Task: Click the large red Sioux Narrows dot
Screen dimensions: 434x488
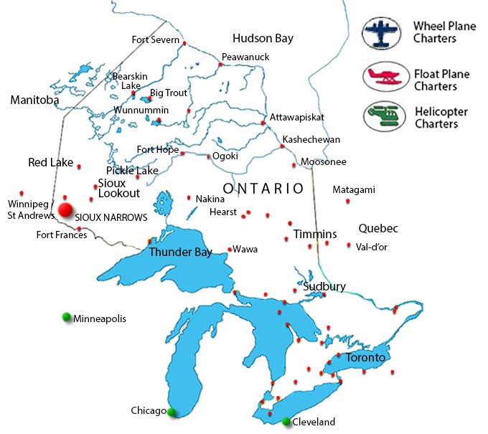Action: click(x=66, y=209)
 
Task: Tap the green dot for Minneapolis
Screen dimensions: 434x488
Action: click(x=67, y=317)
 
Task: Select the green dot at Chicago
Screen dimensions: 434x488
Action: click(x=172, y=411)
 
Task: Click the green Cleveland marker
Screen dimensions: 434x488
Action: click(x=286, y=421)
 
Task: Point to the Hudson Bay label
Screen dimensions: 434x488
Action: click(x=263, y=39)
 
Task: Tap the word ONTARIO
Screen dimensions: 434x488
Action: click(x=263, y=189)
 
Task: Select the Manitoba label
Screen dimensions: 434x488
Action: click(x=34, y=100)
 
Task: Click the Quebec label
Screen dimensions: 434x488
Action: click(x=378, y=229)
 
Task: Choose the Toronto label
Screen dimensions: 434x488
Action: click(x=366, y=357)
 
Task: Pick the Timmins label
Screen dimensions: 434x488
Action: click(x=314, y=235)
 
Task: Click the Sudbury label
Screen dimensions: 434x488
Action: click(x=324, y=286)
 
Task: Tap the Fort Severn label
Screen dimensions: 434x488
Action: click(x=155, y=40)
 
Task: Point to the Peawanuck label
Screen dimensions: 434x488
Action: click(x=241, y=57)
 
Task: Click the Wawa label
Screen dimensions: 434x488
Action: click(x=245, y=250)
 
